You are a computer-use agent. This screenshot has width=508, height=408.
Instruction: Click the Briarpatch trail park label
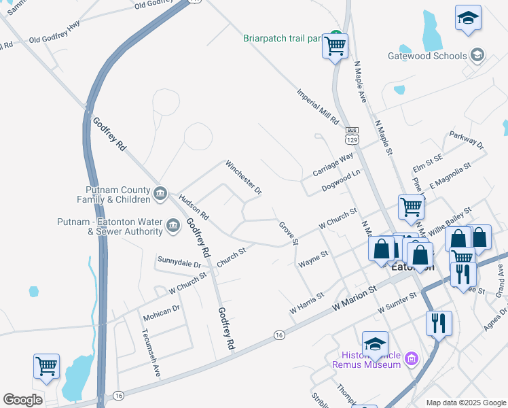click(x=282, y=38)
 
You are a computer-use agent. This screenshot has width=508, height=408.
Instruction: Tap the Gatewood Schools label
click(x=427, y=56)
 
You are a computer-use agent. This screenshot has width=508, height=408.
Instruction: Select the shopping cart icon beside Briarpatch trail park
click(x=335, y=46)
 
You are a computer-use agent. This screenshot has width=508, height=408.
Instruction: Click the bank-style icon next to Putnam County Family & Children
click(x=160, y=194)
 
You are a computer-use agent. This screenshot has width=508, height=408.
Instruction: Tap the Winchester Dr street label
click(x=243, y=177)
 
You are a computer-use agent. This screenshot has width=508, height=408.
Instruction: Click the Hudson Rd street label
click(x=194, y=211)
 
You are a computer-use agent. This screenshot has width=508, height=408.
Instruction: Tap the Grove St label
click(x=288, y=233)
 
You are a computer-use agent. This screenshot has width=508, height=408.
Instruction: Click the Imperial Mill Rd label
click(x=317, y=107)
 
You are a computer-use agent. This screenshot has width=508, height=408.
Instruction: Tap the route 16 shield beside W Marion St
click(x=279, y=335)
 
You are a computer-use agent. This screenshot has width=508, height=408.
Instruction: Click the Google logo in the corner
click(x=22, y=400)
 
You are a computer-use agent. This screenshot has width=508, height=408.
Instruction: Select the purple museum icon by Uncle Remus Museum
click(x=410, y=358)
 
